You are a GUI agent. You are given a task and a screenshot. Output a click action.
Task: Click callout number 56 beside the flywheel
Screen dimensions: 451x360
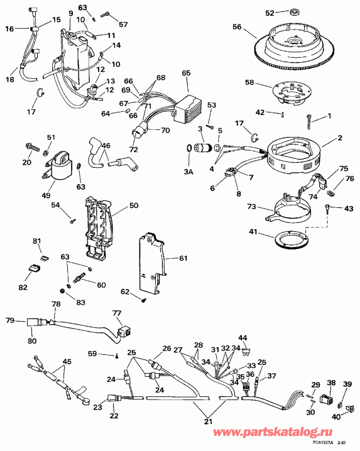pos(236,27)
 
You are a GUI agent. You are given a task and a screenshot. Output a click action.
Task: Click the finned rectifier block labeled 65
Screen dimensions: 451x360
pos(187,100)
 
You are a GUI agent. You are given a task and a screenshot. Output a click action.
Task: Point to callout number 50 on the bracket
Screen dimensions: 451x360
pos(133,205)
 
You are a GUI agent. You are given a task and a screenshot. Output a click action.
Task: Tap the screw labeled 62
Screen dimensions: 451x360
pos(144,300)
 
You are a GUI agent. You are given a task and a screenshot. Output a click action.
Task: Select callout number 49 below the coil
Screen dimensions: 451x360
pos(46,195)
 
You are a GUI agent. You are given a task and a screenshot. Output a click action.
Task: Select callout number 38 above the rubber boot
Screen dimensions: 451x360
pos(330,382)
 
